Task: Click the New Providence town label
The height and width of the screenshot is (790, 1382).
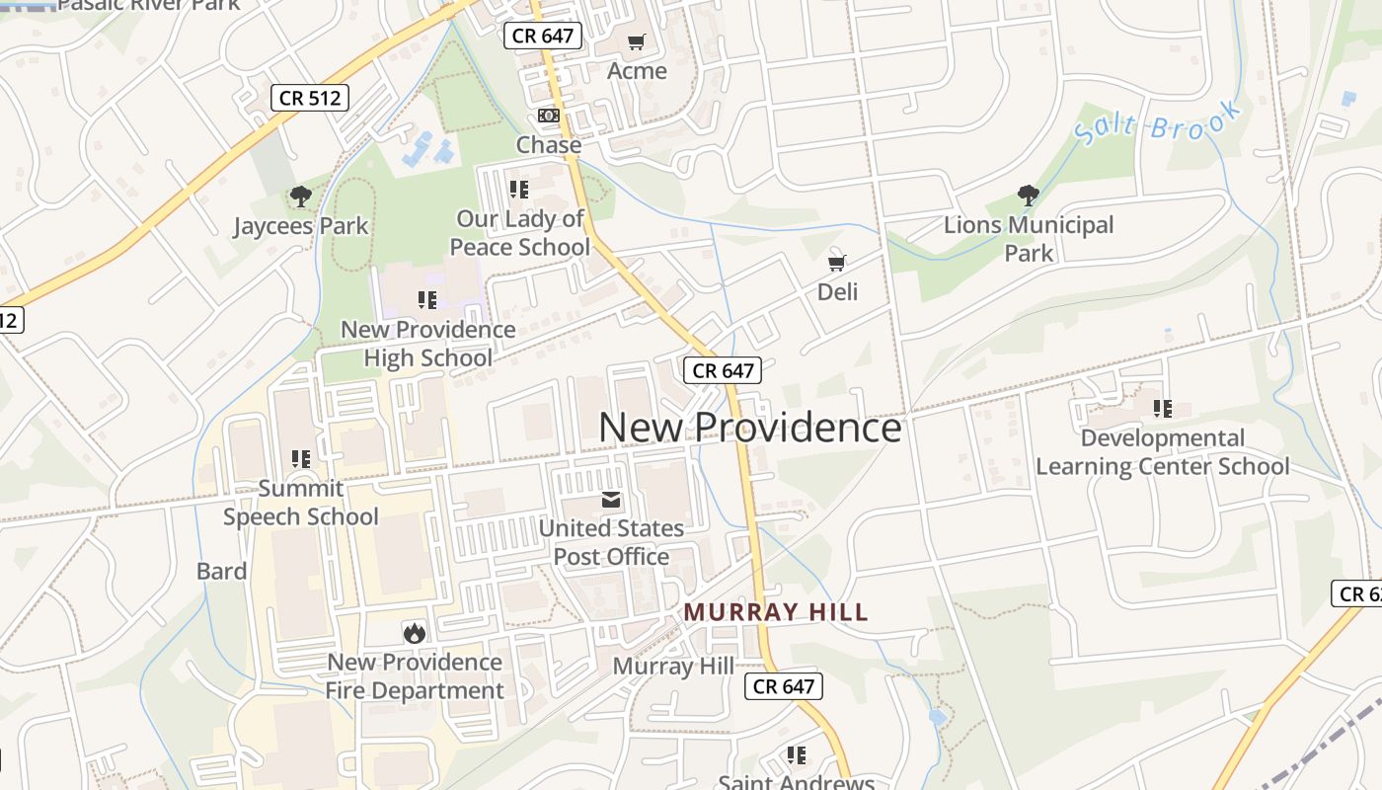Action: coord(749,428)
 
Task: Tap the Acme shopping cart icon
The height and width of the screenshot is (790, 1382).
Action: coord(637,41)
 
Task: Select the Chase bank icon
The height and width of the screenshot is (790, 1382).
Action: coord(549,116)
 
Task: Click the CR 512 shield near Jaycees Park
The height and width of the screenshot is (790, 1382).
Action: coord(310,97)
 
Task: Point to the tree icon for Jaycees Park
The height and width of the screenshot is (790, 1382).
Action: coord(301,197)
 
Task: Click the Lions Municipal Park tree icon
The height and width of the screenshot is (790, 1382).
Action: coord(1029,196)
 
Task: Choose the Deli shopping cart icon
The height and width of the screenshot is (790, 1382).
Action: coord(837,263)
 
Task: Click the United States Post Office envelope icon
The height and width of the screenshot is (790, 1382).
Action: coord(611,500)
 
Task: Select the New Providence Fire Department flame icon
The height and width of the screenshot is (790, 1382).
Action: coord(415,633)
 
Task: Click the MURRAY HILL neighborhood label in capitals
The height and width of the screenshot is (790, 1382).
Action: coord(776,612)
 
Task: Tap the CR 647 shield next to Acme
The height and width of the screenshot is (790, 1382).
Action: coord(543,37)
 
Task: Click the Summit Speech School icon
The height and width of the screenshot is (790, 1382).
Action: coord(301,458)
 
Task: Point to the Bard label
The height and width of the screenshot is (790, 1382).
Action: coord(221,571)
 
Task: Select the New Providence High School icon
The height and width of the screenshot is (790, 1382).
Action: coord(427,299)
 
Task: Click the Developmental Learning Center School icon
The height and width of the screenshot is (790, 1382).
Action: coord(1163,408)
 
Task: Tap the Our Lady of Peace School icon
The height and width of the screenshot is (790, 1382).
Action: coord(519,189)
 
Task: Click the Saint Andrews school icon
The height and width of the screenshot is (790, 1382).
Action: coord(797,755)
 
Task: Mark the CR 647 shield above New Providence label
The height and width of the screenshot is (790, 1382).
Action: coord(723,370)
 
